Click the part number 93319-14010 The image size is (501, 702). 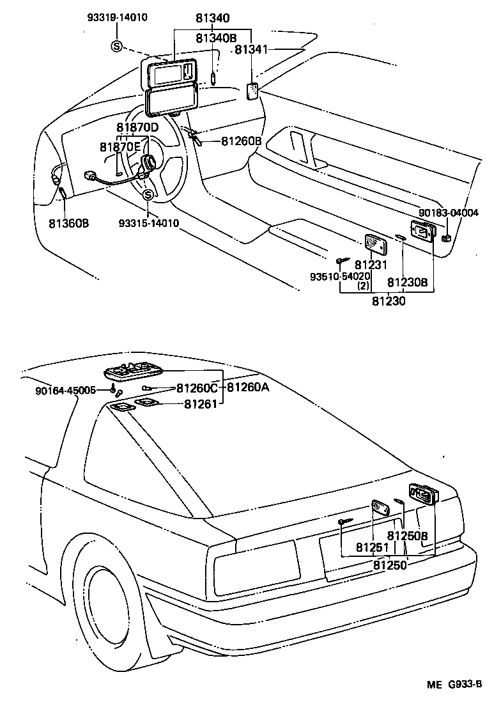point(117,17)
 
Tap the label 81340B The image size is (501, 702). point(215,38)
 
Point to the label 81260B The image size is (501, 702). point(242,141)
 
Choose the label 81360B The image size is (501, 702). point(68,224)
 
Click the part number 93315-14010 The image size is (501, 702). point(148,223)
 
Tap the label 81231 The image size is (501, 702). point(371,265)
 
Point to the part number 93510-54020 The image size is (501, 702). point(339,276)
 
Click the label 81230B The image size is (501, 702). point(407,281)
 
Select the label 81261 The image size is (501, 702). point(201,403)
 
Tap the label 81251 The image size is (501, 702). point(372,548)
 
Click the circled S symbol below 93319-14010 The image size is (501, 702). point(116,45)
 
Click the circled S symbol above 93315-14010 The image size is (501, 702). point(148,195)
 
